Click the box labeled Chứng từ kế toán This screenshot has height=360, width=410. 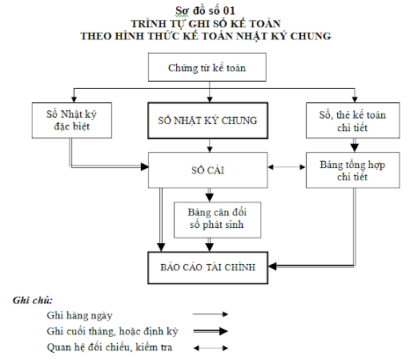[207, 67]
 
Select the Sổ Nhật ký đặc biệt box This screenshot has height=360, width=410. [72, 120]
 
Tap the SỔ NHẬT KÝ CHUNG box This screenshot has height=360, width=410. [207, 121]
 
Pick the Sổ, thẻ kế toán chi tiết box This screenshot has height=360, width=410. [352, 120]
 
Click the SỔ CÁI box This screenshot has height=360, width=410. [207, 170]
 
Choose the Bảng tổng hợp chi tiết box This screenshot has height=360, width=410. [352, 170]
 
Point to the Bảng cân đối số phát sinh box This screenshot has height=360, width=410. [217, 220]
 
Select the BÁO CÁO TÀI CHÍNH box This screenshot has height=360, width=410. [207, 267]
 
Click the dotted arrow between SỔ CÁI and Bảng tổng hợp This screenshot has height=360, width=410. [287, 167]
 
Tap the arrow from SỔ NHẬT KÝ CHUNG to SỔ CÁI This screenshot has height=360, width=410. [210, 146]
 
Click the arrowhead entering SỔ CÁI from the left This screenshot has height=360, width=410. [145, 167]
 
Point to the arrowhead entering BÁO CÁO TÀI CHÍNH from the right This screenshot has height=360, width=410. [272, 266]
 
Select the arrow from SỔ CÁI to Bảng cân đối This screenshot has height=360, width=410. [210, 195]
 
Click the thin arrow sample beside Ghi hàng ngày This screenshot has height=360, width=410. [211, 314]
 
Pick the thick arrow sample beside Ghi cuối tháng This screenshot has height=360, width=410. [211, 331]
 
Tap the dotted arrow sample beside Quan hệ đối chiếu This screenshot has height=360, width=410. [211, 348]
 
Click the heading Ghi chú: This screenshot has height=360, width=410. [33, 301]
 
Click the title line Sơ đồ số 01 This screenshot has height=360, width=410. [205, 10]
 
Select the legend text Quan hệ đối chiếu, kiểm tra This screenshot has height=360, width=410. [110, 347]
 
